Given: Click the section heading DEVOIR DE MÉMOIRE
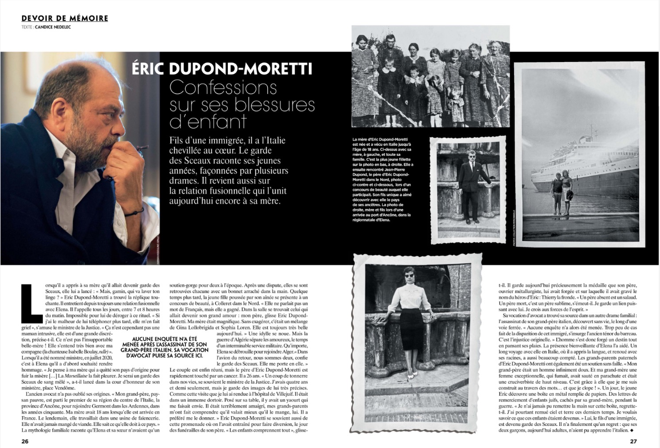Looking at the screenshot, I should (x=65, y=18).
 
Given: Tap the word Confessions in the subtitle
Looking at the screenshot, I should (x=223, y=87).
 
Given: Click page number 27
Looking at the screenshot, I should (x=633, y=441).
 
